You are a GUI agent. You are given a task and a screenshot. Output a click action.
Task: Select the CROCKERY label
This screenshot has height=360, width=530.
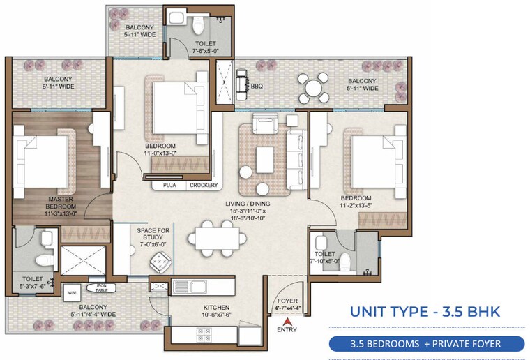point(203,186)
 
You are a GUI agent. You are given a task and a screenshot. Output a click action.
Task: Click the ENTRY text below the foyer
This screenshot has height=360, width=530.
point(286,329)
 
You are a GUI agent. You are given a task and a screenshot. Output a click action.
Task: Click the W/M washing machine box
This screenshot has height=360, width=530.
point(71,292)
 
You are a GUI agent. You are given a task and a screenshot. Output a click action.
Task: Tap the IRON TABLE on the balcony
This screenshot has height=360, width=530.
point(101,288)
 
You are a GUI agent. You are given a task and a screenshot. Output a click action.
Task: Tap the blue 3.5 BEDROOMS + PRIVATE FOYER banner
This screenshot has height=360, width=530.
point(426,343)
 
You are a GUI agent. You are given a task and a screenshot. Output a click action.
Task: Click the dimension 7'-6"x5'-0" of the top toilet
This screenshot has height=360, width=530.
point(206,50)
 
